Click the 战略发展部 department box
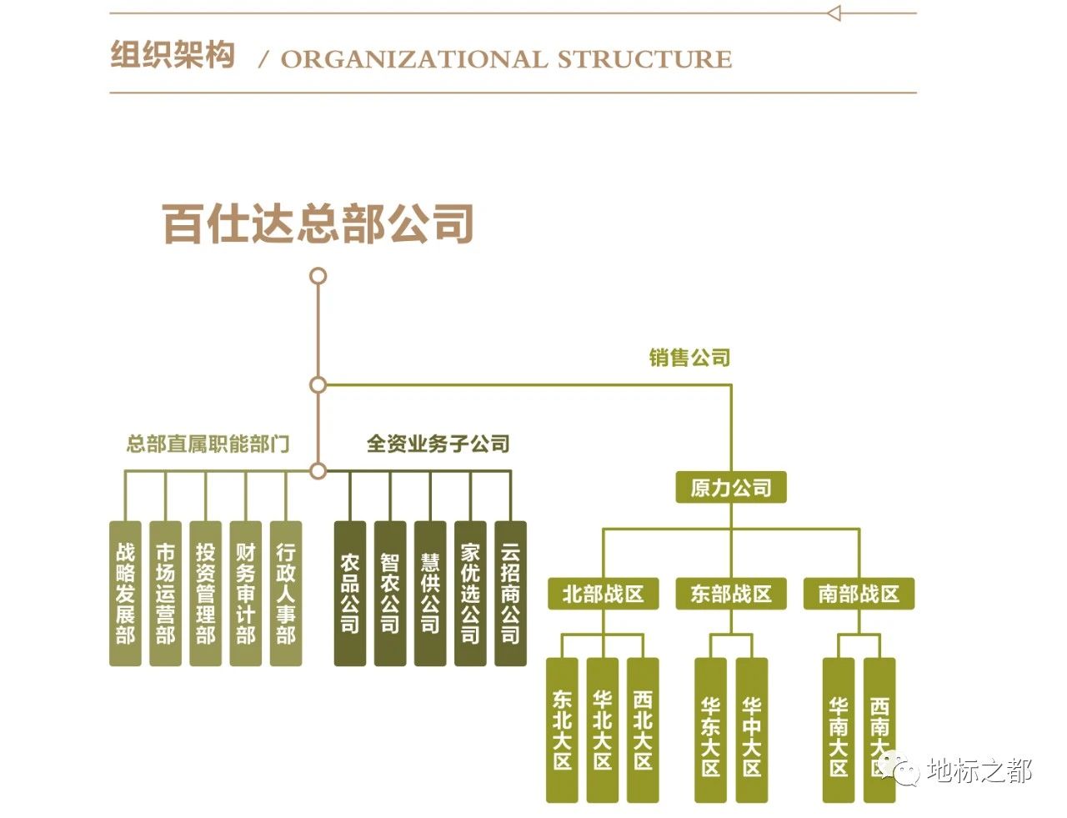(125, 594)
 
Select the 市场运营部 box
(165, 594)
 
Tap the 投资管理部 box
(205, 594)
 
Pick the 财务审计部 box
(245, 594)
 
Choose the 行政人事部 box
(286, 594)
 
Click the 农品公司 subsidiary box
(350, 594)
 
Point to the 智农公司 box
(390, 594)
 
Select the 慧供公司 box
(430, 594)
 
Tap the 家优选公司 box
(470, 594)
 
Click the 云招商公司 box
(510, 594)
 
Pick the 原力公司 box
(731, 488)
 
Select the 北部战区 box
(603, 594)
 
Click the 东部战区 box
(731, 594)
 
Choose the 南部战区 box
(859, 594)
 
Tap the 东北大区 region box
(562, 730)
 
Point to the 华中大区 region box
(751, 730)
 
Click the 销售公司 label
(689, 358)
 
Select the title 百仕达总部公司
(318, 223)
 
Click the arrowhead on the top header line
(834, 13)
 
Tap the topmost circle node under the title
(318, 276)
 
